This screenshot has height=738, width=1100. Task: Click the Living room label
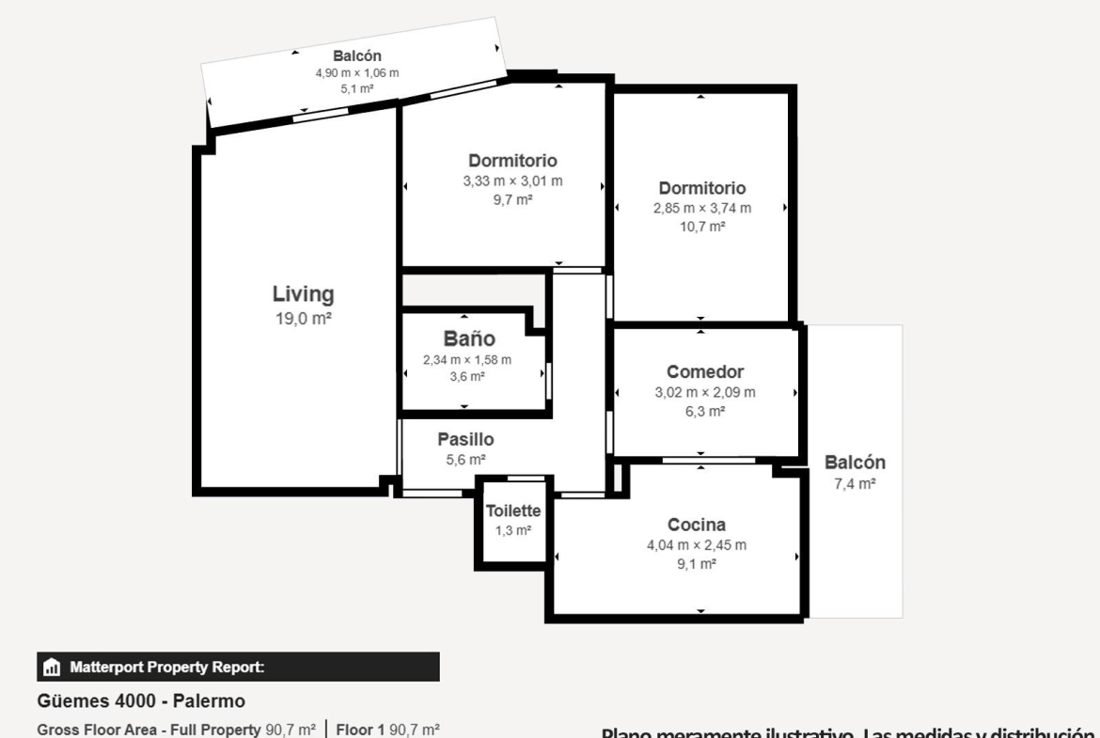click(303, 294)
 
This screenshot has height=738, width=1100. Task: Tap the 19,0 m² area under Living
click(303, 319)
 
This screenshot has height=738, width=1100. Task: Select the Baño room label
click(469, 338)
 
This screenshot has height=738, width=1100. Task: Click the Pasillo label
click(465, 439)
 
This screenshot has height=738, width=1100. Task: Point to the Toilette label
click(513, 510)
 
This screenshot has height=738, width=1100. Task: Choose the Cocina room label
click(697, 525)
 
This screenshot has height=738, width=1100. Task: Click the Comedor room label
click(705, 371)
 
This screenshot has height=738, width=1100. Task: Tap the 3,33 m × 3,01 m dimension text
click(512, 181)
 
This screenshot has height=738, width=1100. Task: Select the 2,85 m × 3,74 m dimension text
click(702, 209)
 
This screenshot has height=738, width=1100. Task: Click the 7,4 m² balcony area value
click(856, 483)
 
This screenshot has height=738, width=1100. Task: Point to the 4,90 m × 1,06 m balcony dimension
click(357, 73)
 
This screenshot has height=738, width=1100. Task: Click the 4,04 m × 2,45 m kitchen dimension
click(697, 545)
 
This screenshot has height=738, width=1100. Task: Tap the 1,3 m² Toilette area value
click(513, 530)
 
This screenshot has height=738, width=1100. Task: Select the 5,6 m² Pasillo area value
click(465, 460)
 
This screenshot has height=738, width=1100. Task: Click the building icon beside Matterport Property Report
click(52, 667)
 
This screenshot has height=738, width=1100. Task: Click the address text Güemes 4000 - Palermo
click(141, 700)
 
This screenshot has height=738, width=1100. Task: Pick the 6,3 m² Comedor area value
click(705, 411)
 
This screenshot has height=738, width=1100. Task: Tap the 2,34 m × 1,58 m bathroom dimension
click(467, 360)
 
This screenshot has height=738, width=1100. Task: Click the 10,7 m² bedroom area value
click(702, 227)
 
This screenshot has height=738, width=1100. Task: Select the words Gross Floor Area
click(97, 730)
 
